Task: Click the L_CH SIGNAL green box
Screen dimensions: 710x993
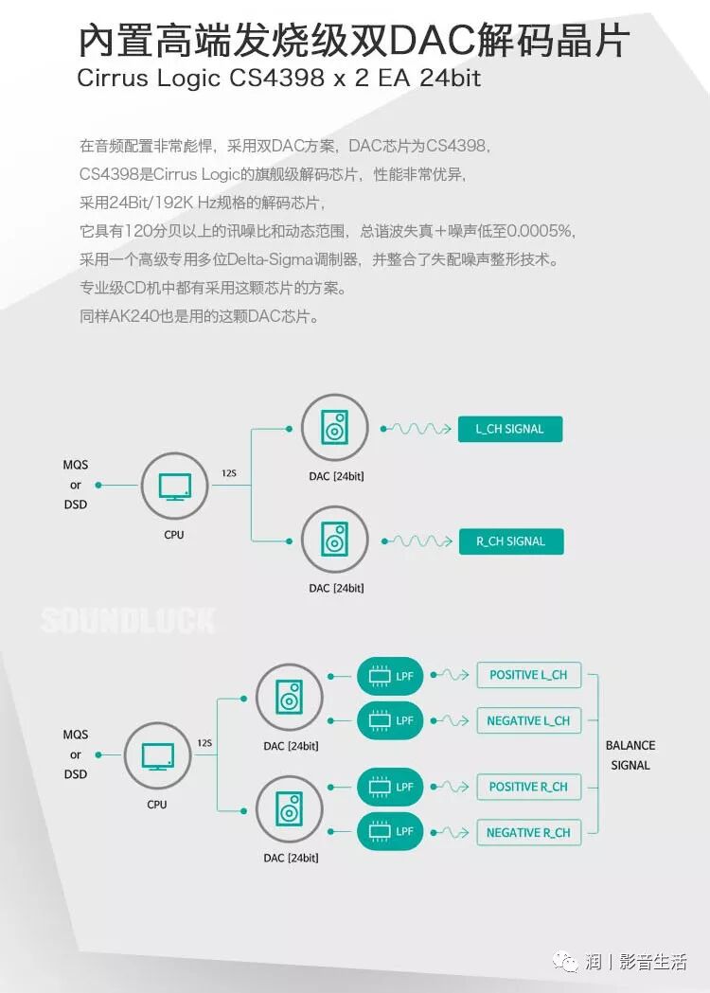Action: [509, 429]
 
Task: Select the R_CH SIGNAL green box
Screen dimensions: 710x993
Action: [510, 541]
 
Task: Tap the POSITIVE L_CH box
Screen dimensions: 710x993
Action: [528, 676]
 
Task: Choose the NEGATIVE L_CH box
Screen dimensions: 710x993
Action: [528, 720]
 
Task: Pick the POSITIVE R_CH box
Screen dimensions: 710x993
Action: [528, 787]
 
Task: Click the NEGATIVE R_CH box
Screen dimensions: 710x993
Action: [528, 832]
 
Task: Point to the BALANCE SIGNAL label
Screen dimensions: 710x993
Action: [630, 755]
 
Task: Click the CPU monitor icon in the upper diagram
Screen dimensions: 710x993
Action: [174, 488]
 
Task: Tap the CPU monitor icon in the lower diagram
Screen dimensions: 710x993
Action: [157, 756]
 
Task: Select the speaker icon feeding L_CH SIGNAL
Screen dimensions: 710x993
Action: [334, 428]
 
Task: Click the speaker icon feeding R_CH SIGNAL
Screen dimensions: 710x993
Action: [334, 540]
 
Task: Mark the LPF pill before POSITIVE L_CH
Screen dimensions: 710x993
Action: [390, 676]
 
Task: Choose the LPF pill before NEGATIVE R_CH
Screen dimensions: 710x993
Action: [390, 831]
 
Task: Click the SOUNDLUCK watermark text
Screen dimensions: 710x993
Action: [128, 621]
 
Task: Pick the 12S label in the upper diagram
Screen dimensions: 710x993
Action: [229, 472]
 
